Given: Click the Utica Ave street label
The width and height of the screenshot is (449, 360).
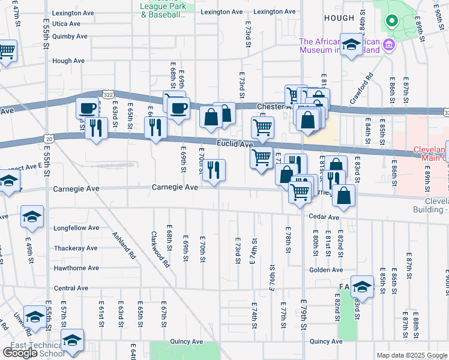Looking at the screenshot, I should [x=66, y=23].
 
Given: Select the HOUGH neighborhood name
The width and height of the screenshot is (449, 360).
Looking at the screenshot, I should [x=339, y=19].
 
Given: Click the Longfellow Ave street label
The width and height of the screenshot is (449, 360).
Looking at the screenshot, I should [x=76, y=228].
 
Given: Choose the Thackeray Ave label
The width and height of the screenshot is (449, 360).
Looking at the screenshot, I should [x=75, y=248].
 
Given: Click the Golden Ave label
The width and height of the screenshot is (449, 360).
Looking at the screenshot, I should [x=326, y=270].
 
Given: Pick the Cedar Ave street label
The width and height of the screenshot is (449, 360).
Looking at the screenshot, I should [x=324, y=217].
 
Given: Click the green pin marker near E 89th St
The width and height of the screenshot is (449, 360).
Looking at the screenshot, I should [x=391, y=22].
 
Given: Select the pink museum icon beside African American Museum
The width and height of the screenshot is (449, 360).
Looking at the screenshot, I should [x=389, y=44].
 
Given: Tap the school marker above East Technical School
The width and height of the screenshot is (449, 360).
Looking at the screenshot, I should [x=72, y=340].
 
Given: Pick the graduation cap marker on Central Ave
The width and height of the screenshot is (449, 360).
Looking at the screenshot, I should [x=362, y=286].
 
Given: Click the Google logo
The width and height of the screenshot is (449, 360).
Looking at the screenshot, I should [x=20, y=353].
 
